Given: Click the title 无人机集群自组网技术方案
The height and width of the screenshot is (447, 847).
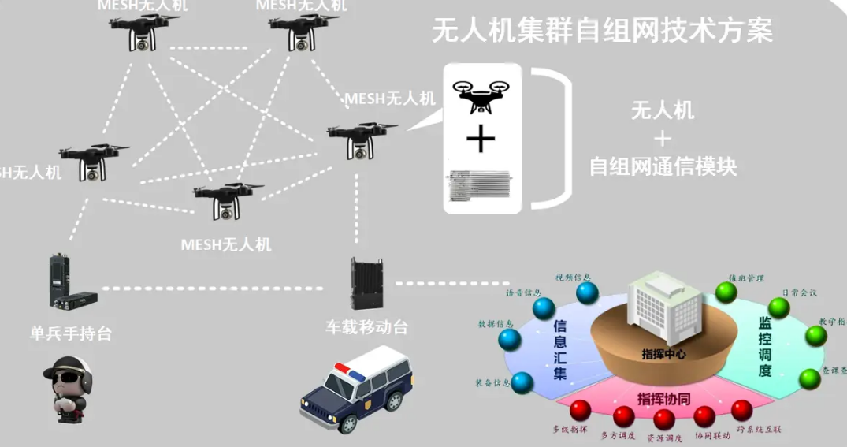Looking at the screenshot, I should click(x=602, y=31).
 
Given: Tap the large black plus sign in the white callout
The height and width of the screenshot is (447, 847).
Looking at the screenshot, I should click(x=481, y=141).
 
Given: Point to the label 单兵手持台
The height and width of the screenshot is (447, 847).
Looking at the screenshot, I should click(x=71, y=333).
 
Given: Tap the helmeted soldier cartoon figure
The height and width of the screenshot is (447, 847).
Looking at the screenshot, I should click(x=70, y=390).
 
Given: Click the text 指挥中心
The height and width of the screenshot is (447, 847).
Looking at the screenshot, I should click(x=663, y=354).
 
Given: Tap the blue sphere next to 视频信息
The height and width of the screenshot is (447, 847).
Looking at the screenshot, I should click(x=587, y=292).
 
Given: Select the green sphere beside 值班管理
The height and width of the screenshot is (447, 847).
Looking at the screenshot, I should click(x=726, y=292).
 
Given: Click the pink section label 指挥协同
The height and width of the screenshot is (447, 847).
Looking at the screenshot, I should click(x=663, y=398).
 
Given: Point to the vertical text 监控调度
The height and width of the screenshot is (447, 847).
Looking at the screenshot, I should click(x=764, y=347).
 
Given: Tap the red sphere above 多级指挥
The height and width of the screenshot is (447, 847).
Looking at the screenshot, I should click(x=581, y=410).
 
